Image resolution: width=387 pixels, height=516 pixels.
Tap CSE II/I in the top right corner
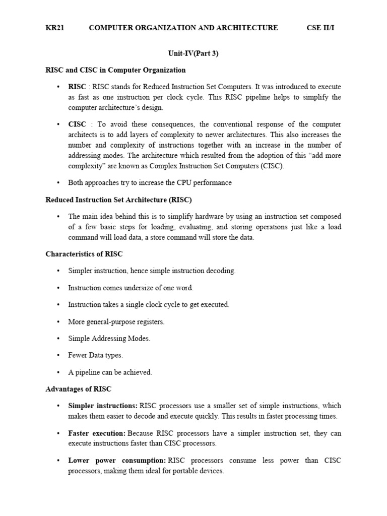pos(320,28)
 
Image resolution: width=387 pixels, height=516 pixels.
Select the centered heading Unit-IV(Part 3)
pos(193,53)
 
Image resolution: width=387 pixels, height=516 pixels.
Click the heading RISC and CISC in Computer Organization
pos(115,70)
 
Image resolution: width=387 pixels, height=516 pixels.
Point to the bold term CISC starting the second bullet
pos(77,124)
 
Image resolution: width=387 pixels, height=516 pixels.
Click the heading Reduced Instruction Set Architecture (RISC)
pos(118,200)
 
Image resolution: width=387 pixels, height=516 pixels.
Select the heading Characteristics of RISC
pos(84,254)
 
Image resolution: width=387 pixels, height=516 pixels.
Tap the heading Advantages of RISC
pos(79,389)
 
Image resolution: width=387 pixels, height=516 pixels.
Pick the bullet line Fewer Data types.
pos(95,355)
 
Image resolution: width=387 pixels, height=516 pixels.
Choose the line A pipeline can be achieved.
pos(110,372)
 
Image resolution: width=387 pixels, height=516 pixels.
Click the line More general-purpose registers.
pos(116,321)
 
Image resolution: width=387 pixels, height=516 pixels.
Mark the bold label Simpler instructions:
pos(103,406)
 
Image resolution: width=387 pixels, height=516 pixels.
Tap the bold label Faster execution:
pos(97,433)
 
